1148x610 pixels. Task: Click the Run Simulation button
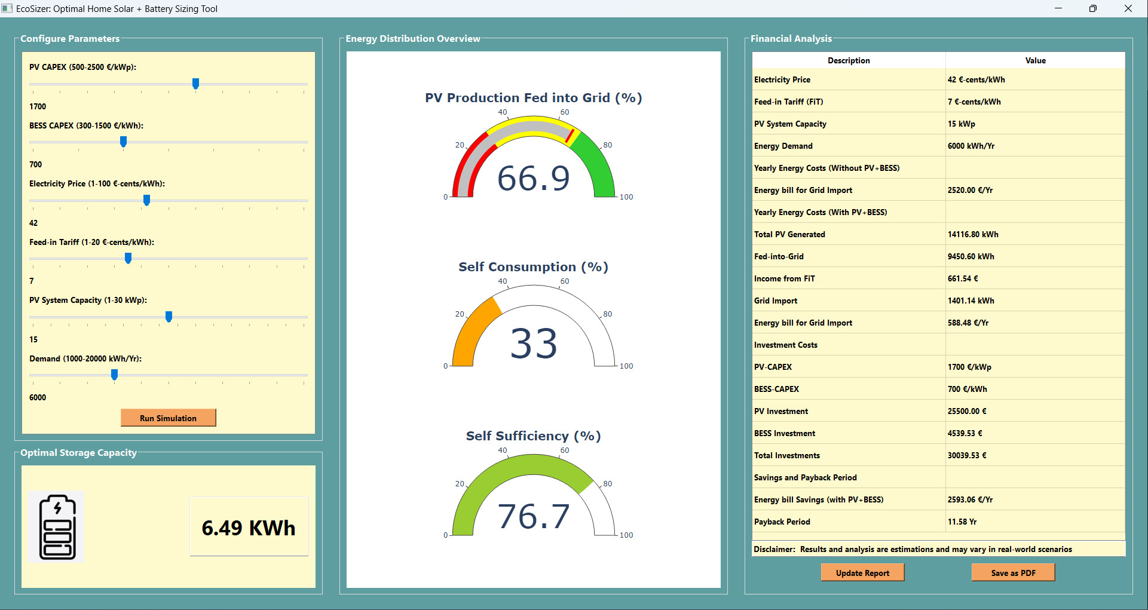(168, 418)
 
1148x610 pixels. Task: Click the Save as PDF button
(1013, 573)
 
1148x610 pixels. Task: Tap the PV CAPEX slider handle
(195, 84)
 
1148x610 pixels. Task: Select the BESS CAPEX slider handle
(123, 142)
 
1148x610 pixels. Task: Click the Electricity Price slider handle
(146, 200)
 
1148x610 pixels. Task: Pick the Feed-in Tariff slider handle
(128, 258)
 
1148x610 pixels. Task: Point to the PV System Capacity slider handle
(169, 317)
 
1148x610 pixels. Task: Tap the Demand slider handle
(114, 375)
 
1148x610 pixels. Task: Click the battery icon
(57, 527)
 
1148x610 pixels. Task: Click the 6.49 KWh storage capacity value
(249, 528)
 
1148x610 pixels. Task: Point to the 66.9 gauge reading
(534, 179)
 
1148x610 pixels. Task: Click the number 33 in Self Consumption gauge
(534, 344)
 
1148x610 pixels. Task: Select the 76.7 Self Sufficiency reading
(534, 517)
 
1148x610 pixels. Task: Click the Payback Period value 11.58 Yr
(962, 522)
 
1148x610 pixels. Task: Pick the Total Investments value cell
(967, 456)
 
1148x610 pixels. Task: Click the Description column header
(849, 61)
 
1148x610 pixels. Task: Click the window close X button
(1128, 8)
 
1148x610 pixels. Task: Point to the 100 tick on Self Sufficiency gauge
(626, 535)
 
